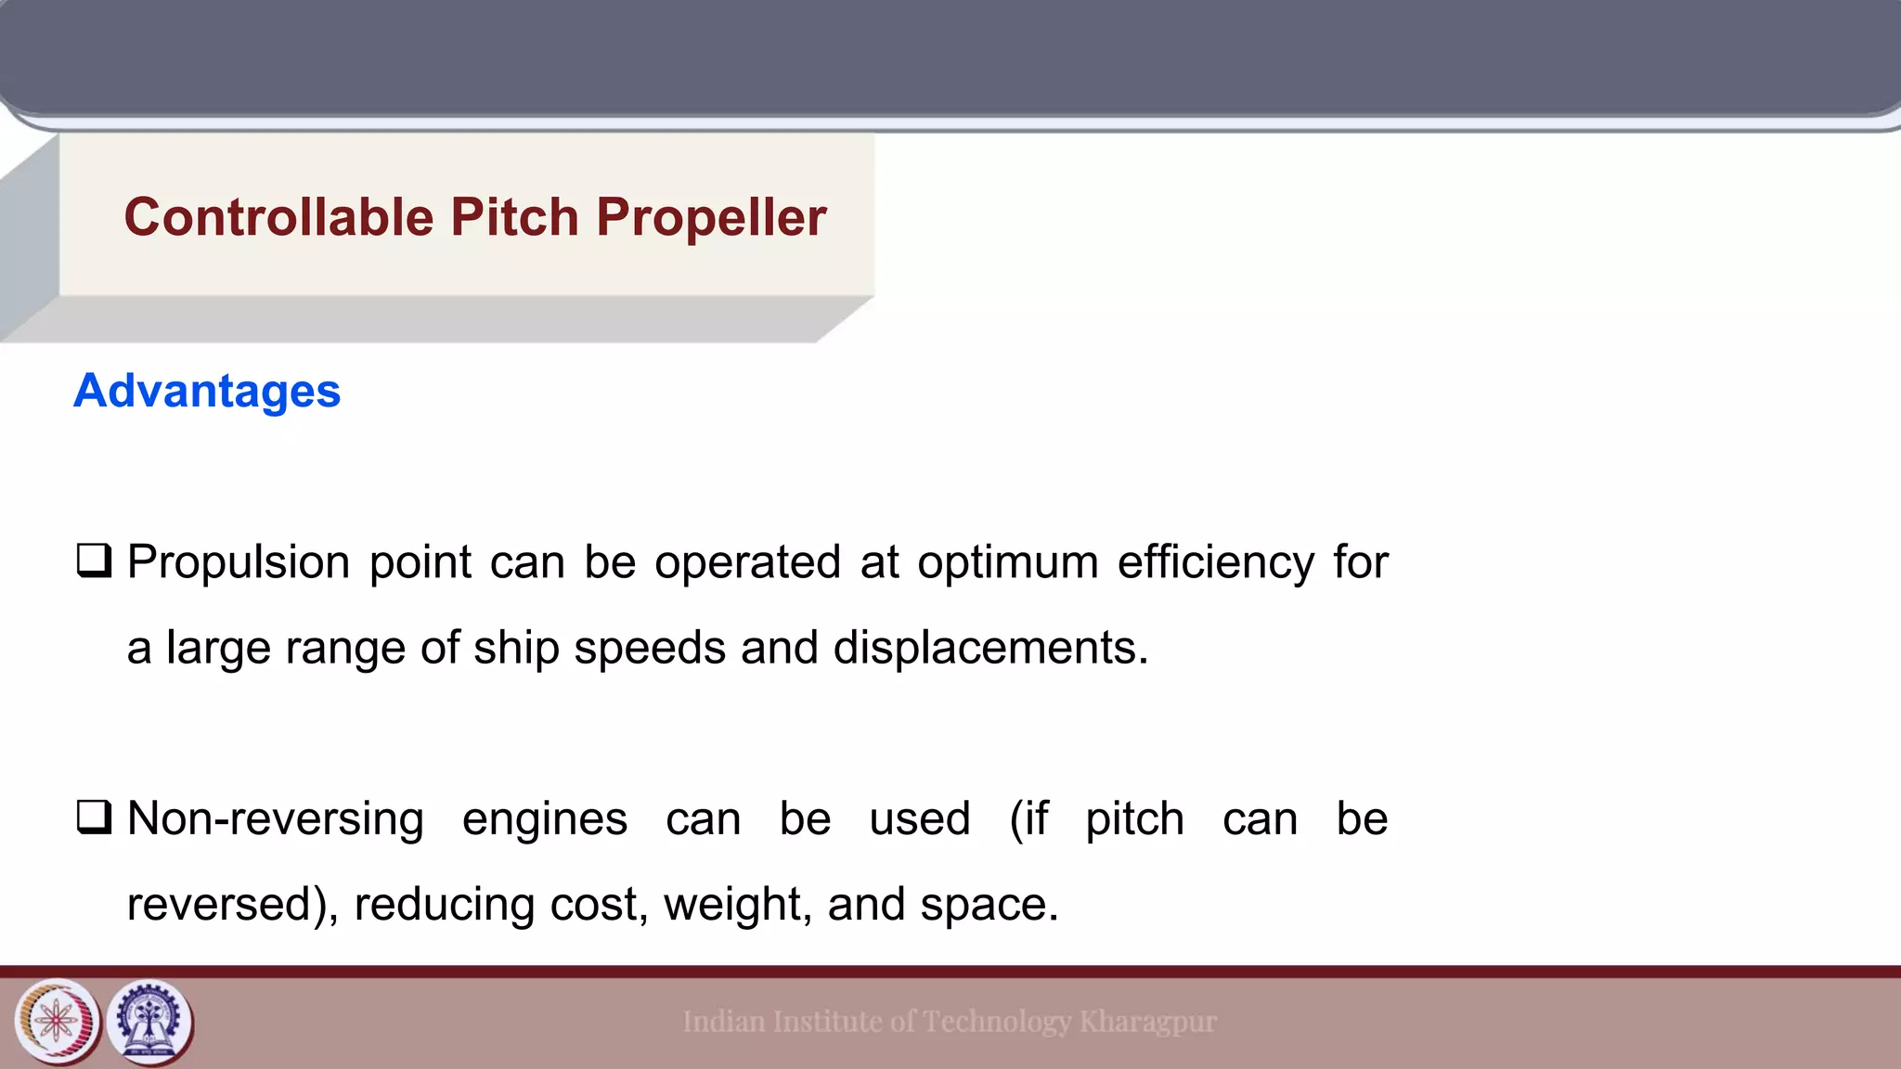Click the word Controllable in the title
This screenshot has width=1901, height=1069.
[x=278, y=217]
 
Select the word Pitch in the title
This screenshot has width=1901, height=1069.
[x=514, y=217]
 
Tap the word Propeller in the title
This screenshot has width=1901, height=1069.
[x=711, y=217]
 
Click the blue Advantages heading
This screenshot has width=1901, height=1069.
[x=207, y=391]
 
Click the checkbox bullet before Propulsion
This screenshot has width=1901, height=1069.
[x=94, y=560]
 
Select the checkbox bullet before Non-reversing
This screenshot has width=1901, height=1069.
[x=94, y=818]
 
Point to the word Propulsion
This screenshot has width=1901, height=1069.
[x=239, y=563]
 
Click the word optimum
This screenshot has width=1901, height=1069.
[x=1007, y=563]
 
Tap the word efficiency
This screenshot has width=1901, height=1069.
[x=1215, y=563]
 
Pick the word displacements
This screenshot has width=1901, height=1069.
[x=990, y=648]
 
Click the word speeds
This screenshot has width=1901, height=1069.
[x=650, y=648]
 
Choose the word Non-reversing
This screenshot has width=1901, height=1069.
[x=275, y=819]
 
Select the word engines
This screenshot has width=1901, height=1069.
[x=545, y=819]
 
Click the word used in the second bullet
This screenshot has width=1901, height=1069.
[x=919, y=819]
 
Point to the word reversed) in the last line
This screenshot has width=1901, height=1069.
[x=232, y=905]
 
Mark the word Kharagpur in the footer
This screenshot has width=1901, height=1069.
[x=1147, y=1022]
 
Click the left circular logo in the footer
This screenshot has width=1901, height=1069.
[x=58, y=1023]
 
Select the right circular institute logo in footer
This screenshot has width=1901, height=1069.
[x=150, y=1023]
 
